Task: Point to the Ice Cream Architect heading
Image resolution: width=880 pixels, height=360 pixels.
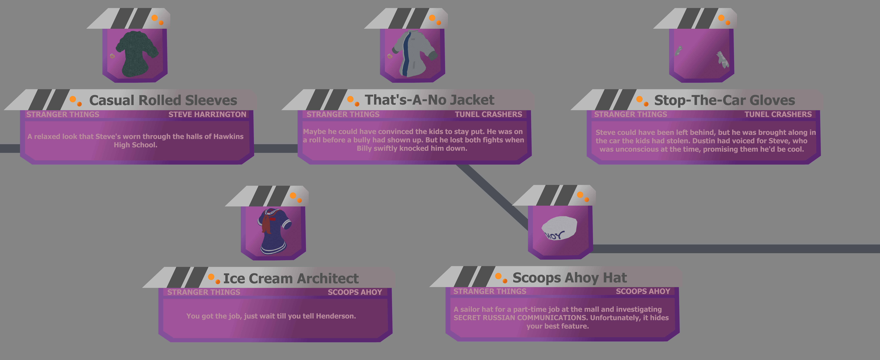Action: (x=291, y=278)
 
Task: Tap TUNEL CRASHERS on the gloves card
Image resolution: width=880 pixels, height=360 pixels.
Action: (x=778, y=114)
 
